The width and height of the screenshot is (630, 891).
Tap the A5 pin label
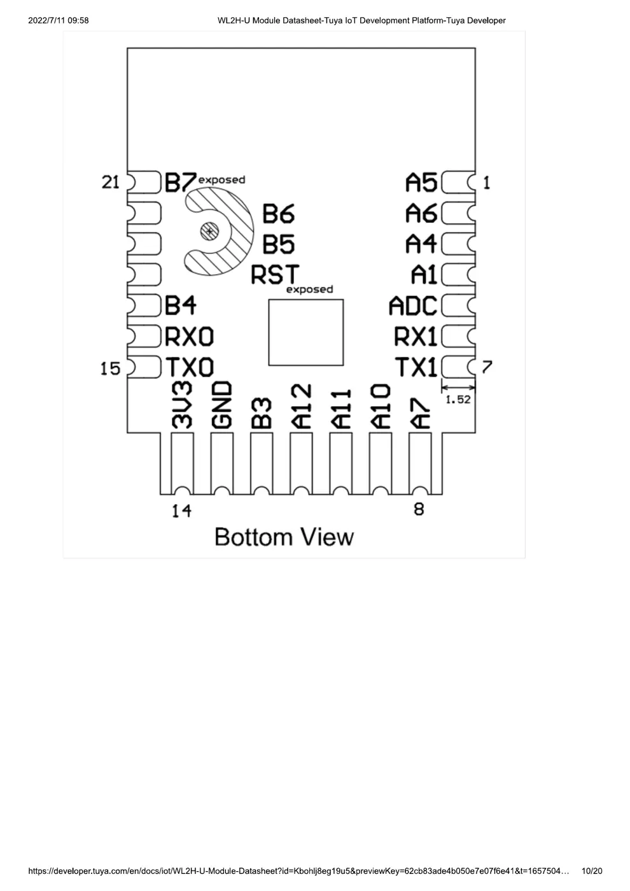[421, 183]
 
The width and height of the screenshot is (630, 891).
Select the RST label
[275, 274]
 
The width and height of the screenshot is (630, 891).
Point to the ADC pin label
[413, 305]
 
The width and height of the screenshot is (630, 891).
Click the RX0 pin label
[190, 337]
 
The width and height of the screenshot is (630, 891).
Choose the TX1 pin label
[416, 367]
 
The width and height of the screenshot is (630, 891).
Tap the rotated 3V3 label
[182, 405]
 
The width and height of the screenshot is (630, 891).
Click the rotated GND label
[222, 405]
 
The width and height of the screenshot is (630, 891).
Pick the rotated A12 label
[302, 406]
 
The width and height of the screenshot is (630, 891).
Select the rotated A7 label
[420, 413]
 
